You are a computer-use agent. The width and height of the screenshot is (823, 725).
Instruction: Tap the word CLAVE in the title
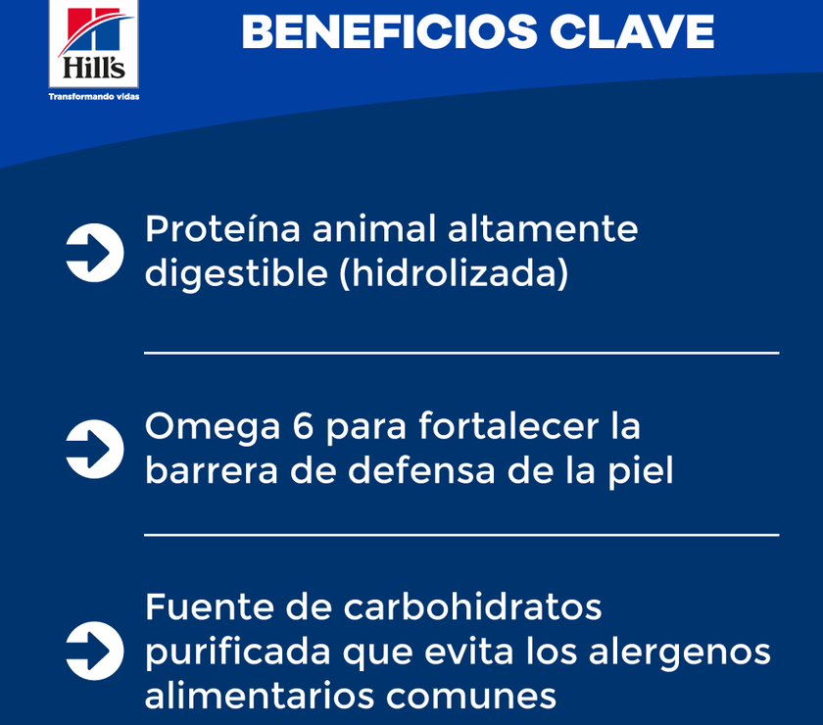pos(632,32)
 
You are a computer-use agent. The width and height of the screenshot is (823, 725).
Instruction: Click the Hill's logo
pos(93,44)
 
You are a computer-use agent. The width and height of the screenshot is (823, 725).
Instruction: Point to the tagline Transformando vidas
pos(93,97)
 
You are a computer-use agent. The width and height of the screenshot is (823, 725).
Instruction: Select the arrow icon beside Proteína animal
pos(94,253)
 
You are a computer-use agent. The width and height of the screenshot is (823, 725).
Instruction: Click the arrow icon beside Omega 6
pos(94,449)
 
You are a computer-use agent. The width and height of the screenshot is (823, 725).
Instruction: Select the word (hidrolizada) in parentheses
pos(453,275)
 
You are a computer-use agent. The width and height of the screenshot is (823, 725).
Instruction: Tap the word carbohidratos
pos(472,607)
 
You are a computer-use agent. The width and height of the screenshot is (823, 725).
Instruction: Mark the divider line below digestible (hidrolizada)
pos(461,353)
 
